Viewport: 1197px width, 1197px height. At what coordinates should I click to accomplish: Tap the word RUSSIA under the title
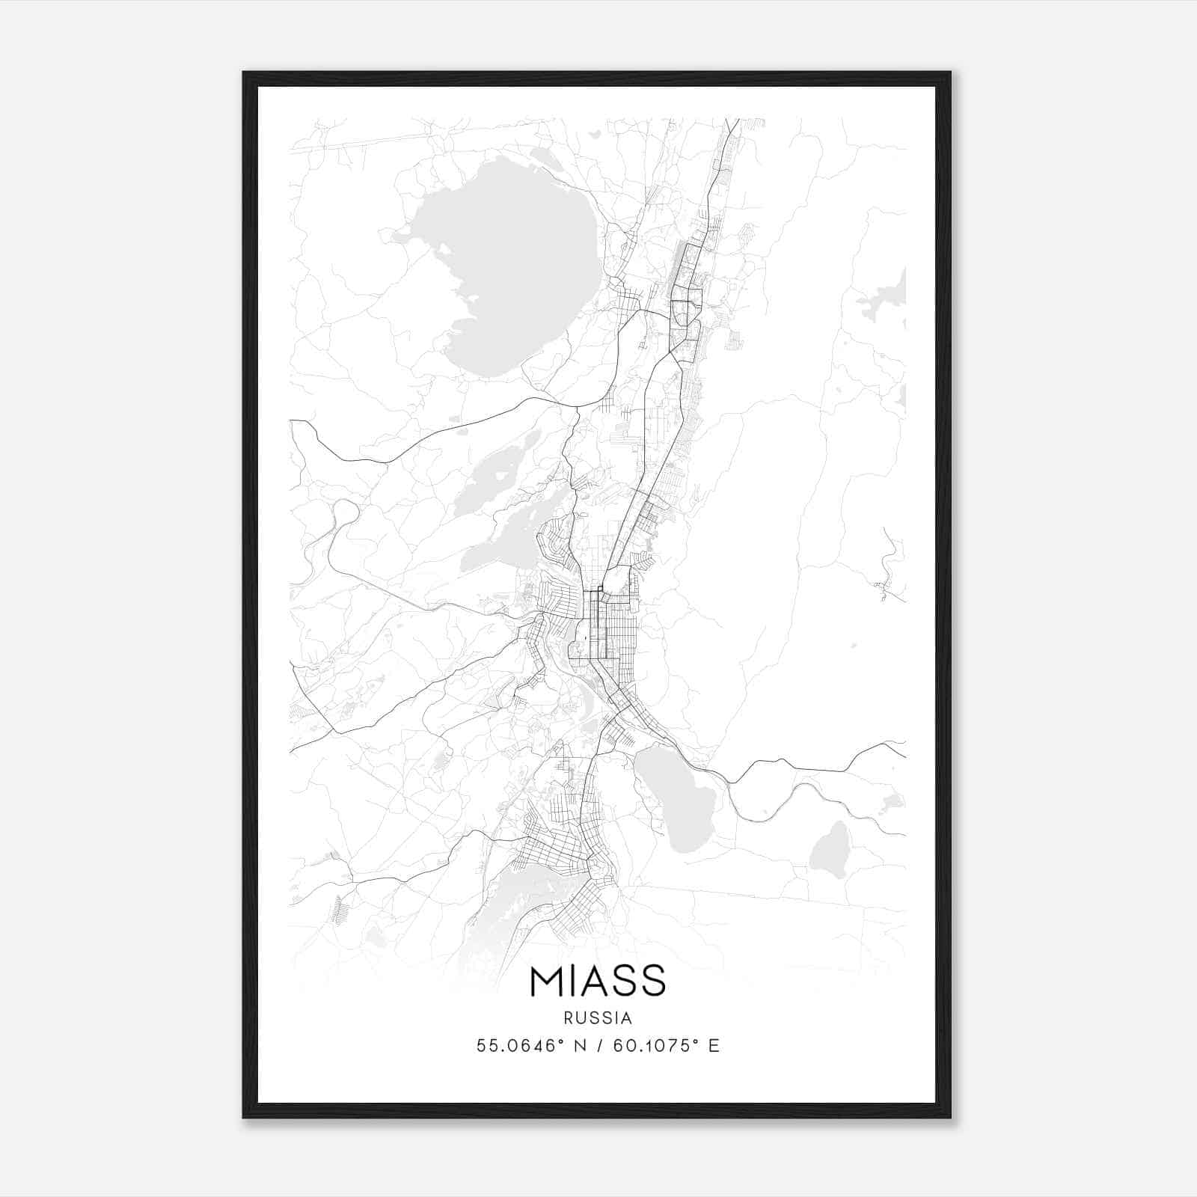598,1018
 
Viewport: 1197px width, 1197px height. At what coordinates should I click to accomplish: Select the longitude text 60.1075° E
666,1046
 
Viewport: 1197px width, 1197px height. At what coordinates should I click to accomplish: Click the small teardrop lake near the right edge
830,851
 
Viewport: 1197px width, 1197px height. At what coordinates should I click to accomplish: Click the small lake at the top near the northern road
546,159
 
